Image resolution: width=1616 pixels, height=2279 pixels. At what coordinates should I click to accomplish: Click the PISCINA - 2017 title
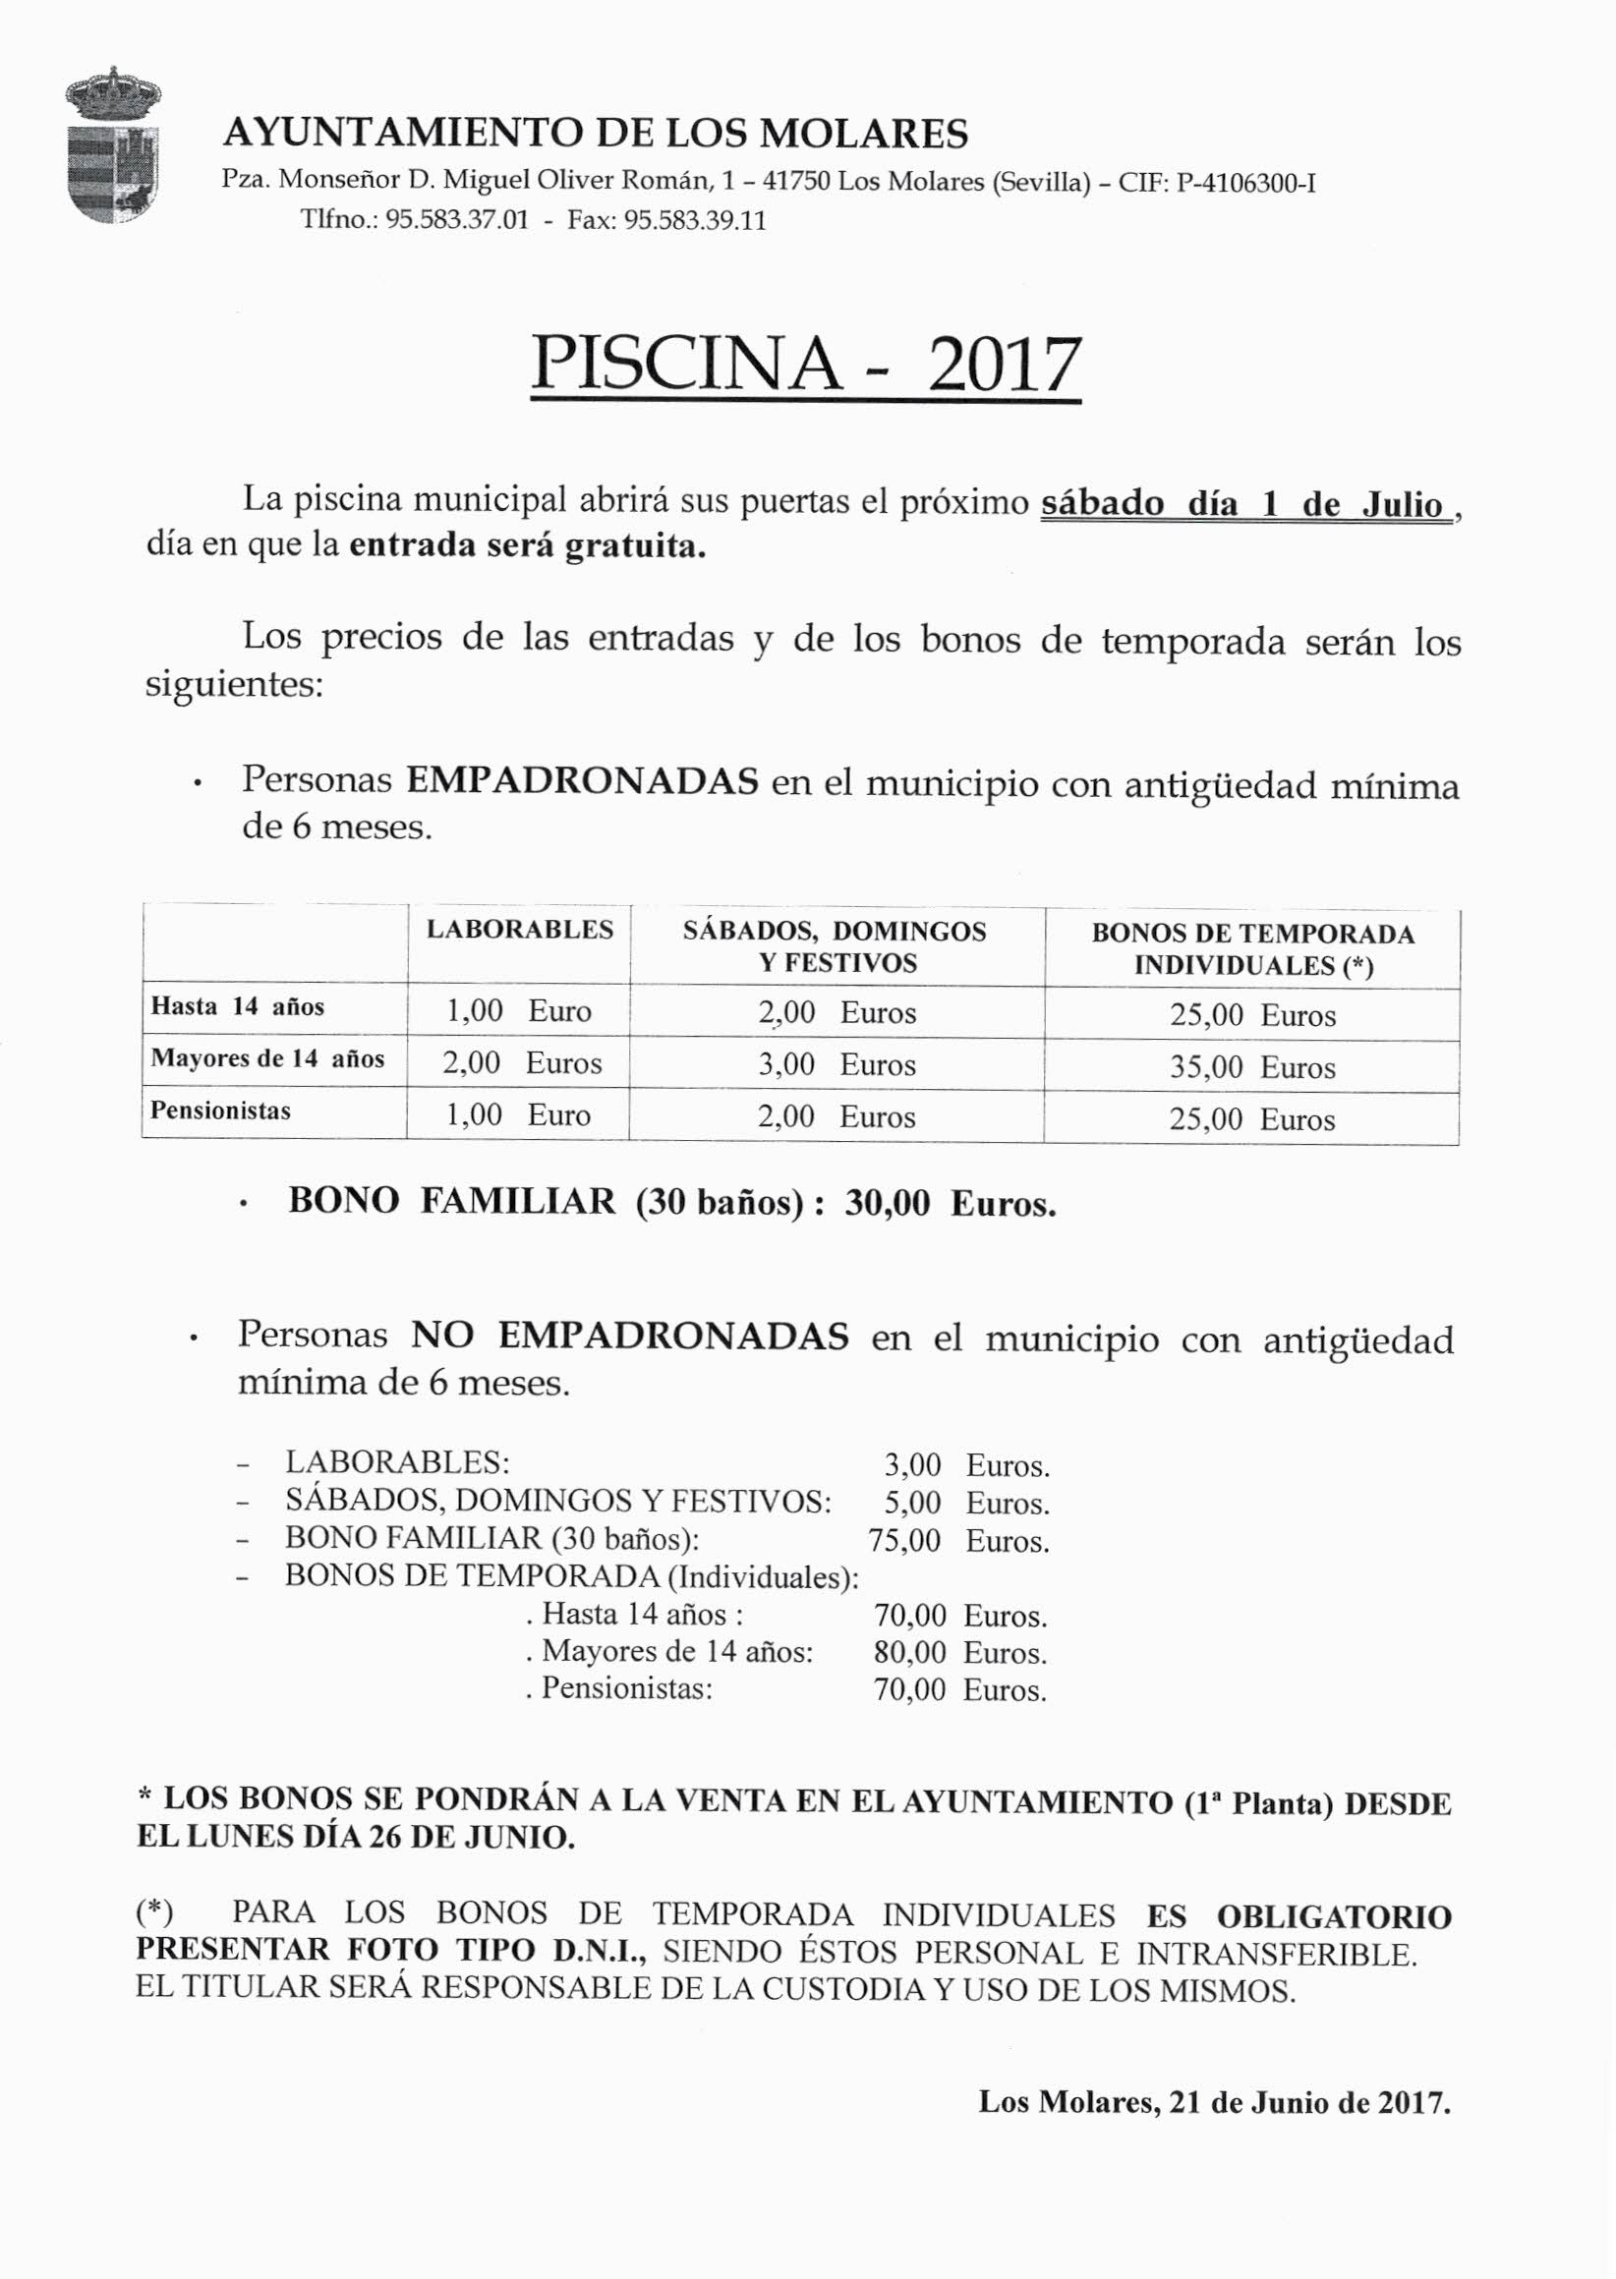coord(805,365)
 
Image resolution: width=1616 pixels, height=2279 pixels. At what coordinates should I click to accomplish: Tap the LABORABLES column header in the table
coord(519,929)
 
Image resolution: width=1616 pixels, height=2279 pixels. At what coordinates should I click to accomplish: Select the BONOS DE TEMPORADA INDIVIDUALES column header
coord(1253,948)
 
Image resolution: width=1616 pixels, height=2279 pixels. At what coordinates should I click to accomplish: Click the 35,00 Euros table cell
coord(1251,1067)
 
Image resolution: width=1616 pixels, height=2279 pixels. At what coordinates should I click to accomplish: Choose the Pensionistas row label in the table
coord(220,1111)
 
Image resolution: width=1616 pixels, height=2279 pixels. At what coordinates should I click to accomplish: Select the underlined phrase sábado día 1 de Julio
coord(1243,504)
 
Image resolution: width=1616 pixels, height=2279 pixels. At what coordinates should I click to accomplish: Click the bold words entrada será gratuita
coord(528,547)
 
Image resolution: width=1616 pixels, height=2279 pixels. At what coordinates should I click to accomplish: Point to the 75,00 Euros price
coord(958,1541)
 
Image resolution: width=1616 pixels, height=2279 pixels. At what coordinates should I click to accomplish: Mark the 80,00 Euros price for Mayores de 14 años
coord(959,1652)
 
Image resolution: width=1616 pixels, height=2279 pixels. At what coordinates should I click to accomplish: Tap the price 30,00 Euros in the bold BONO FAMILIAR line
coord(950,1204)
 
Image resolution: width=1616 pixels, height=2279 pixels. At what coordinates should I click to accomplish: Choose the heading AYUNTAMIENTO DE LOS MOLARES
coord(595,134)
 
